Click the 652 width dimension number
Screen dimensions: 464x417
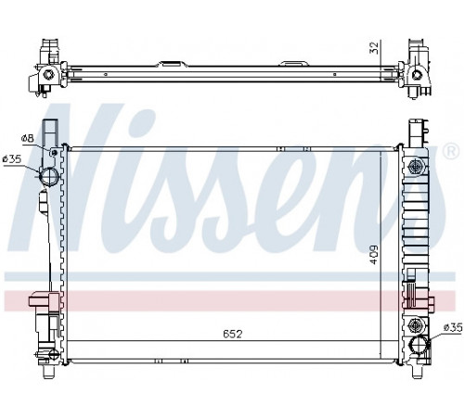click(232, 334)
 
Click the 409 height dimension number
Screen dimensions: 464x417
click(374, 255)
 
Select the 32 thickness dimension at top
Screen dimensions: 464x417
click(374, 47)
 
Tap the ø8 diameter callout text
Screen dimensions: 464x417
click(27, 139)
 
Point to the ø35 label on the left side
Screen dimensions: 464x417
click(12, 159)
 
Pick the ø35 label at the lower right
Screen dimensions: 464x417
click(453, 327)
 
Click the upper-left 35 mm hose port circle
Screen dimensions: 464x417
click(49, 177)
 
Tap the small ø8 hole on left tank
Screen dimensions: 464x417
click(55, 152)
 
